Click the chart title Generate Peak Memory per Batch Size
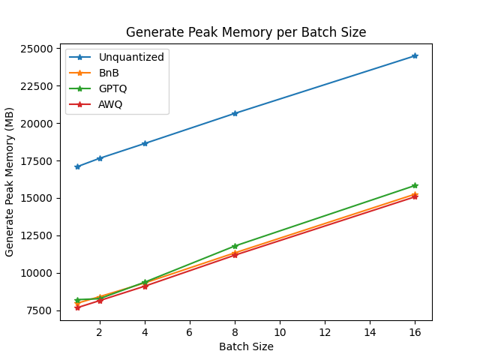click(x=246, y=32)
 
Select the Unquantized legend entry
click(x=131, y=57)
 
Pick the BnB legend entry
click(x=109, y=73)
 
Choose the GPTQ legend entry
click(x=112, y=88)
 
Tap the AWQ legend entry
click(x=110, y=104)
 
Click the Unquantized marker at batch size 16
click(x=415, y=56)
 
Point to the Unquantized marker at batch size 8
click(x=235, y=113)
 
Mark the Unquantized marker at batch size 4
click(x=145, y=143)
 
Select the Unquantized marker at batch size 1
click(x=77, y=166)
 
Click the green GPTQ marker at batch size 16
click(x=415, y=185)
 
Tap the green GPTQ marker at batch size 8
click(x=235, y=246)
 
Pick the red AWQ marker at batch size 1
click(x=77, y=307)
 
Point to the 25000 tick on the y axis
click(x=38, y=49)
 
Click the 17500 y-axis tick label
click(x=38, y=161)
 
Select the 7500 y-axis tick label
click(x=41, y=310)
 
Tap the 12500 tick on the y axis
click(x=38, y=235)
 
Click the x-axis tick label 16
click(x=415, y=332)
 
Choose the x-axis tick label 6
click(x=190, y=332)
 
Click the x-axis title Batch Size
click(x=246, y=346)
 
